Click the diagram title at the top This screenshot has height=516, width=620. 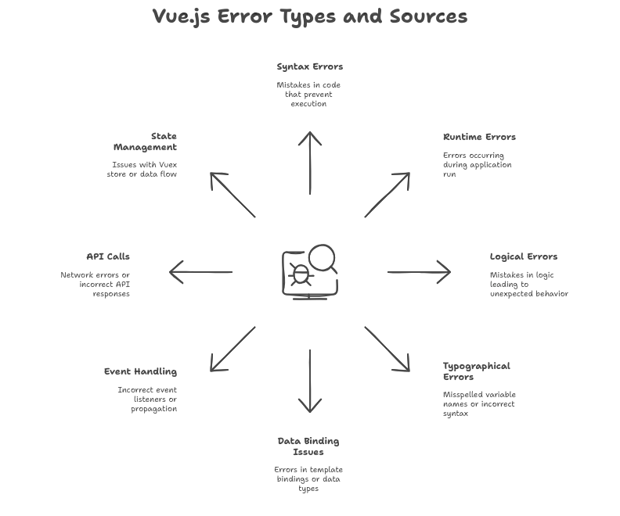pos(310,16)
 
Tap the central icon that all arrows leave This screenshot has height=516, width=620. pos(310,271)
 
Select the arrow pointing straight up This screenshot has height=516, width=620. pos(310,165)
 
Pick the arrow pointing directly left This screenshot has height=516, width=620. pos(204,273)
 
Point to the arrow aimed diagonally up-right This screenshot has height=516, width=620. pos(387,194)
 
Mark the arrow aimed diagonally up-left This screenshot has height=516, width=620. pos(232,194)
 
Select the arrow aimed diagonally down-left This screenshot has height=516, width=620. pos(232,349)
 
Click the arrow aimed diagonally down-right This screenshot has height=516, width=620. pos(388,349)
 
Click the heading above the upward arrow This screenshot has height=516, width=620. pos(309,70)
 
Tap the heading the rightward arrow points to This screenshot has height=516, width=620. pos(523,257)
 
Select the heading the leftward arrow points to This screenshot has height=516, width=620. pos(106,256)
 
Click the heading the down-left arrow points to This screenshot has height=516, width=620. pos(141,370)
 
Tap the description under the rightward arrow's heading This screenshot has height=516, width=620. pos(528,285)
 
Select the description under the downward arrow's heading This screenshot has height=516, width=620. pos(308,476)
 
